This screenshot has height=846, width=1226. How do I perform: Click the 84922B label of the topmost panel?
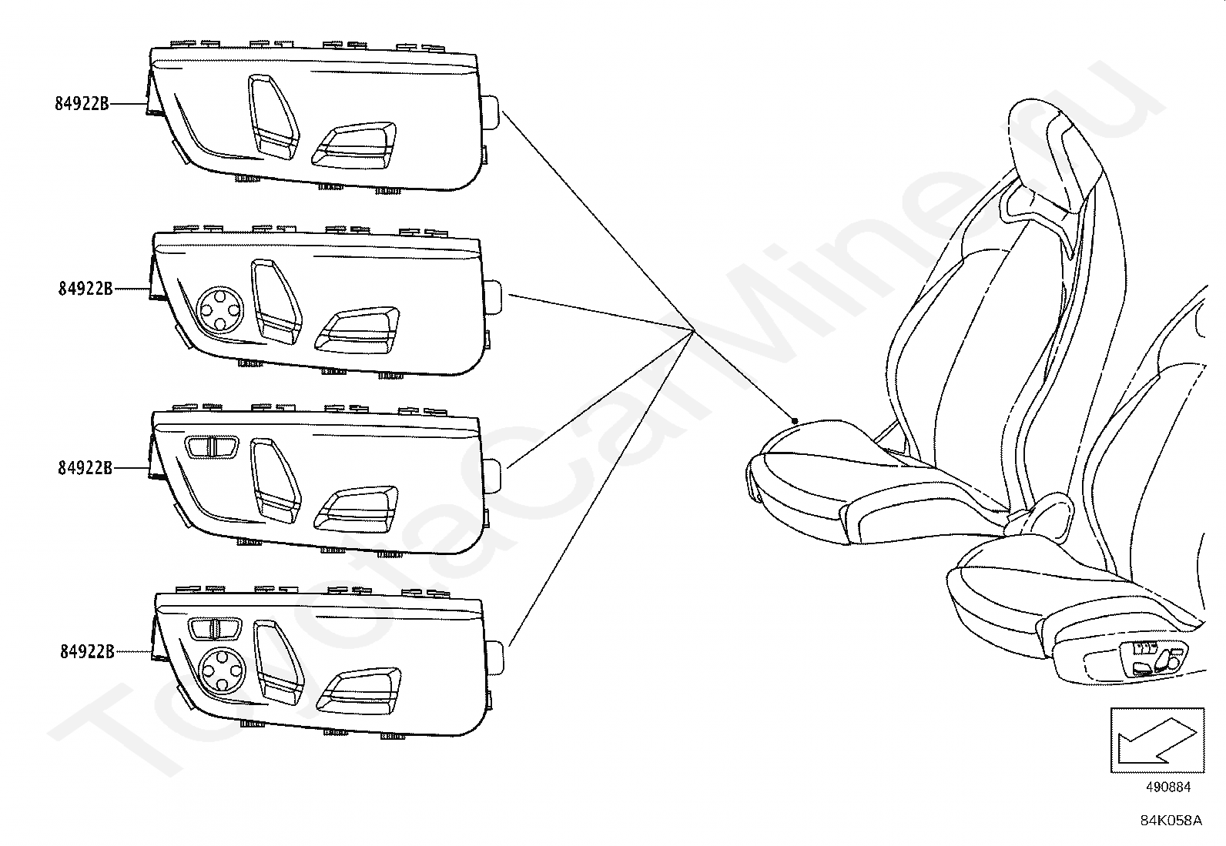tap(82, 103)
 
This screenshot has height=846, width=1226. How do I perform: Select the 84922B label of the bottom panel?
tap(87, 652)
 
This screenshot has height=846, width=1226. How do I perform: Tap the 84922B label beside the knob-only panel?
tap(85, 289)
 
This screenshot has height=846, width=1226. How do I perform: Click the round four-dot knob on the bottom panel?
tap(223, 671)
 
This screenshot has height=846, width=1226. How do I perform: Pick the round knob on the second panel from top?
tap(219, 310)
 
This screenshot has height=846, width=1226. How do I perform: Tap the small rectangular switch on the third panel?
tap(212, 446)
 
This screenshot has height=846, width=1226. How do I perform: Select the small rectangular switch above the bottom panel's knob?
tap(215, 629)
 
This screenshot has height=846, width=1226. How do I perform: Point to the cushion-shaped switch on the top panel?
tap(354, 144)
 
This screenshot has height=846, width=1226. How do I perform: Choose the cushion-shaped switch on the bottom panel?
tap(359, 691)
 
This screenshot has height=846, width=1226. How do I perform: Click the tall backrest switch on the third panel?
tap(276, 481)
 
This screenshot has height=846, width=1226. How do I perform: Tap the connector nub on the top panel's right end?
tap(491, 112)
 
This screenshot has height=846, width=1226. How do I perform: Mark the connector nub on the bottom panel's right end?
tap(494, 658)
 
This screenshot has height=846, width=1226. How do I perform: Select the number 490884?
tap(1168, 787)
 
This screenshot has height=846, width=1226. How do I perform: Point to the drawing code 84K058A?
tap(1171, 821)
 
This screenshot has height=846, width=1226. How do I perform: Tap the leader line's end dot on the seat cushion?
tap(795, 421)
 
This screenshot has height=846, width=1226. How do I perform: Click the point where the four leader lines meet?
tap(694, 330)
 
